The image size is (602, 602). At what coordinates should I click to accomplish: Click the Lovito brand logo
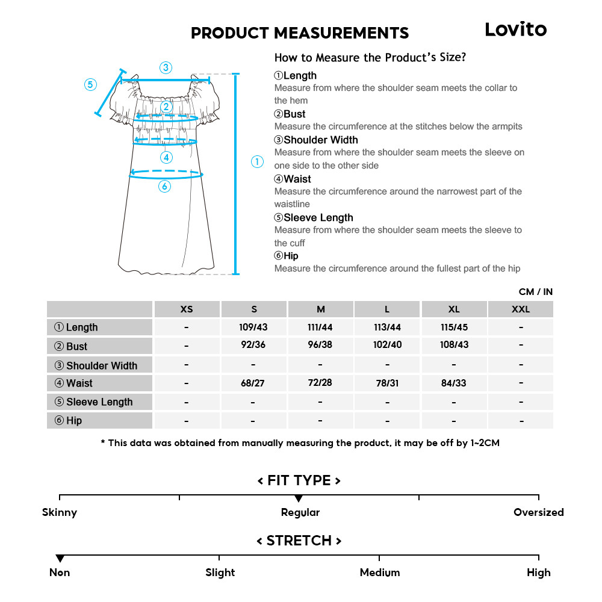tap(516, 29)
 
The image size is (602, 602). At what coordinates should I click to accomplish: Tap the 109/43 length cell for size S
tap(253, 327)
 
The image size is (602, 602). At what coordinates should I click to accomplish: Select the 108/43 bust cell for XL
tap(454, 345)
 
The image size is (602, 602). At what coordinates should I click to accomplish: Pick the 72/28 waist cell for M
tap(320, 383)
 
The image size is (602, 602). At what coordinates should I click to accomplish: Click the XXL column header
tap(520, 309)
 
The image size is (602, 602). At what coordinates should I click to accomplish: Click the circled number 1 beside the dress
tap(257, 161)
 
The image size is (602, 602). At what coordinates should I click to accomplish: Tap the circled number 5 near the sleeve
tap(90, 84)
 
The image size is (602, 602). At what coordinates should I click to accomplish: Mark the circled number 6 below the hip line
tap(165, 187)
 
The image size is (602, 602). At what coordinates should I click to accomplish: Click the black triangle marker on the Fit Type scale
tap(299, 498)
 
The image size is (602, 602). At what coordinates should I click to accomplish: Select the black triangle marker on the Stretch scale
tap(60, 559)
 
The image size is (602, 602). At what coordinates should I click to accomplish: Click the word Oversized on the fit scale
tap(538, 512)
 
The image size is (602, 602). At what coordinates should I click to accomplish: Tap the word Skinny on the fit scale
tap(60, 512)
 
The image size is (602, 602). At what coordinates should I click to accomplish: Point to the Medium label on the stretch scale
tap(379, 573)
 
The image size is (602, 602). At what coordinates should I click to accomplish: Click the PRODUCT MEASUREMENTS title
tap(300, 33)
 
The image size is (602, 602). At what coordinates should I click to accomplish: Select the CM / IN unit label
tap(535, 291)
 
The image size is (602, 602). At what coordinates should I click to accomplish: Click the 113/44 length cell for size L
tap(387, 327)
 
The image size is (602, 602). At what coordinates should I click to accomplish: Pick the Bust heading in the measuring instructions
tap(290, 114)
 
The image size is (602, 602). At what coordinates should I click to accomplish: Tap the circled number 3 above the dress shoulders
tap(166, 67)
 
